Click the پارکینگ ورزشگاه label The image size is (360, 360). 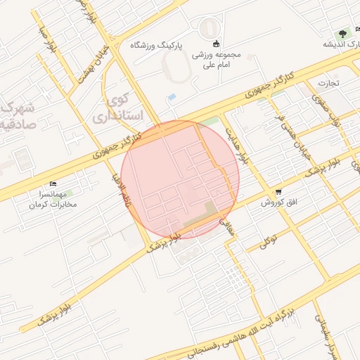(156, 44)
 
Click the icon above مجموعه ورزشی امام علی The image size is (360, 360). (216, 44)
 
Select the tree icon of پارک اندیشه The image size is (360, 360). (342, 32)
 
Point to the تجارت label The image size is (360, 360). (328, 82)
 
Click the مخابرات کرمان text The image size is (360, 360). (53, 205)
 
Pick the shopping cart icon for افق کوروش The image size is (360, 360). (278, 191)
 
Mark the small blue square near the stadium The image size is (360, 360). (172, 96)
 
